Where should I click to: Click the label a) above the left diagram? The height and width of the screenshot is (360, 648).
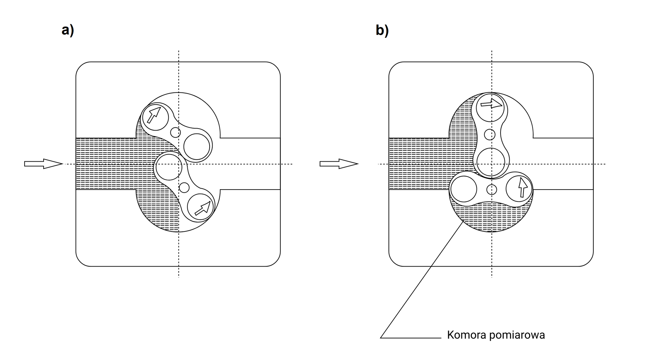pyautogui.click(x=67, y=30)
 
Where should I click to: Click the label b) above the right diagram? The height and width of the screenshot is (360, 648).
pyautogui.click(x=382, y=30)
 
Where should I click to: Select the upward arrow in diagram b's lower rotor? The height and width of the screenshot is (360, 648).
pyautogui.click(x=522, y=187)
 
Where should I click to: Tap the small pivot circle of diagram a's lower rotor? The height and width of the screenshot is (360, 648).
pyautogui.click(x=184, y=187)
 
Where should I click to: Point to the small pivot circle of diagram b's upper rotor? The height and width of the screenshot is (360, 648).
pyautogui.click(x=489, y=135)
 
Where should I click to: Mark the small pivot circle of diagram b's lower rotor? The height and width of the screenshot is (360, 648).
pyautogui.click(x=492, y=190)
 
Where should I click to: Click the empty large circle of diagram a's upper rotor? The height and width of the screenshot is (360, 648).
pyautogui.click(x=197, y=146)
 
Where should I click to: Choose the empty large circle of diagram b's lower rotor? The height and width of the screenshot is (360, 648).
pyautogui.click(x=464, y=189)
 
